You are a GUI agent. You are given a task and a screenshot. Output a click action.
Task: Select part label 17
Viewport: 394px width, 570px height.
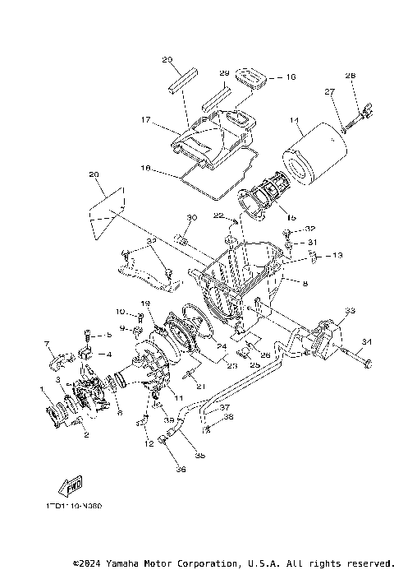coord(144,119)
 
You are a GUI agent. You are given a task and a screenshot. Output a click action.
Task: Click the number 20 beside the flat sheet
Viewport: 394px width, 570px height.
coord(93,174)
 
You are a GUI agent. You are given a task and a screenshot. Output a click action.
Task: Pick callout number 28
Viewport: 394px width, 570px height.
coord(350,76)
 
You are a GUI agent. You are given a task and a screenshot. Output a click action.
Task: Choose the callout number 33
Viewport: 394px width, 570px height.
coord(350,312)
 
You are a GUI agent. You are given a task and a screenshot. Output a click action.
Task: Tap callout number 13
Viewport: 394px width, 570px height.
coord(337,256)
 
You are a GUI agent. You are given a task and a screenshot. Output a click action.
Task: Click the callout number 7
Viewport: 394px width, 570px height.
coord(47,343)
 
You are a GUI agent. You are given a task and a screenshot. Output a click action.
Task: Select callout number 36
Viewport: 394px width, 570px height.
coord(181,470)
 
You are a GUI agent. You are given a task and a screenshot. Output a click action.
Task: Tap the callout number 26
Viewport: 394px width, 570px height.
coord(267,355)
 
